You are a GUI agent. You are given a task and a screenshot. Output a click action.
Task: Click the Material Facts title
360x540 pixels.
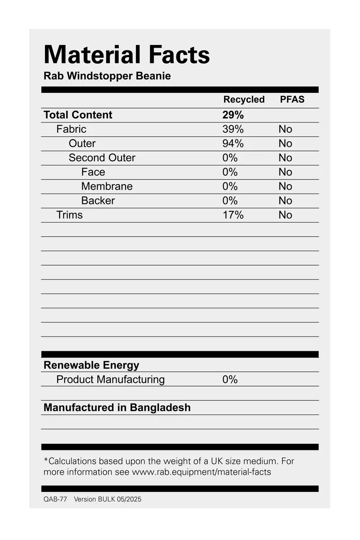coord(127,55)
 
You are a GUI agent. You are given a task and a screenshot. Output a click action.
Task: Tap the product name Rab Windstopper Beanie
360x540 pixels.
coord(107,76)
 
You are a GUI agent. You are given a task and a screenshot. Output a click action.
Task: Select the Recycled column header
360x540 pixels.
coord(244,100)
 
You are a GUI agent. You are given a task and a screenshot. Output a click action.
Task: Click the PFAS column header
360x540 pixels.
coord(292,100)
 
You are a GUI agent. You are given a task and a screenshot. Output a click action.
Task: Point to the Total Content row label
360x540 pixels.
coord(78,115)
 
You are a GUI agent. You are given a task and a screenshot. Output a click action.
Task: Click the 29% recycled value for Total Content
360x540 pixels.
coord(233,115)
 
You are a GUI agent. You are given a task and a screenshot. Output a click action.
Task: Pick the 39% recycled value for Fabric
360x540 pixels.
coord(233,129)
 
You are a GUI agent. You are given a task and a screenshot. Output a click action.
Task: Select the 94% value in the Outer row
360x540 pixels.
coord(233,144)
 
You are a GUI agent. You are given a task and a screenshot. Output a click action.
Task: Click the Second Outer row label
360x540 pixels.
coord(102,158)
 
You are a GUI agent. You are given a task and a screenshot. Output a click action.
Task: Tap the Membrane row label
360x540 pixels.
coord(107,186)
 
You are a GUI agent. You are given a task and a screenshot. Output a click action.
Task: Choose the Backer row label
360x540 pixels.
coord(98,201)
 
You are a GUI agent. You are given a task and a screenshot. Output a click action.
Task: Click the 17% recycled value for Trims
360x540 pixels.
coord(233,215)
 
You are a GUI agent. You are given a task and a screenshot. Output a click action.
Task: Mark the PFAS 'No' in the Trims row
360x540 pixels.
coord(285,215)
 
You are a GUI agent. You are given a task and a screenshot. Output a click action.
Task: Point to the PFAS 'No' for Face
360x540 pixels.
coord(285,172)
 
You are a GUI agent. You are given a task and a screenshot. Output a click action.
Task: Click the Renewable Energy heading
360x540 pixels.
coord(91,365)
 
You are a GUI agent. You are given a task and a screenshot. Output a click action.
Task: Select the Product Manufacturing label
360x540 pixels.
coord(110,380)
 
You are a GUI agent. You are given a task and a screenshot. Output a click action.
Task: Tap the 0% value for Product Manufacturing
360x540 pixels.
coord(229,380)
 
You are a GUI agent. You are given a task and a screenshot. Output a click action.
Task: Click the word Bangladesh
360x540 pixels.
coord(160,408)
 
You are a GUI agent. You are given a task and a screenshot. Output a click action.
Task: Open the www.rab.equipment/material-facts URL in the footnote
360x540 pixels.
coord(201,472)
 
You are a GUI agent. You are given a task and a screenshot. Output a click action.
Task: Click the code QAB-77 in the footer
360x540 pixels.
coord(55,499)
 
